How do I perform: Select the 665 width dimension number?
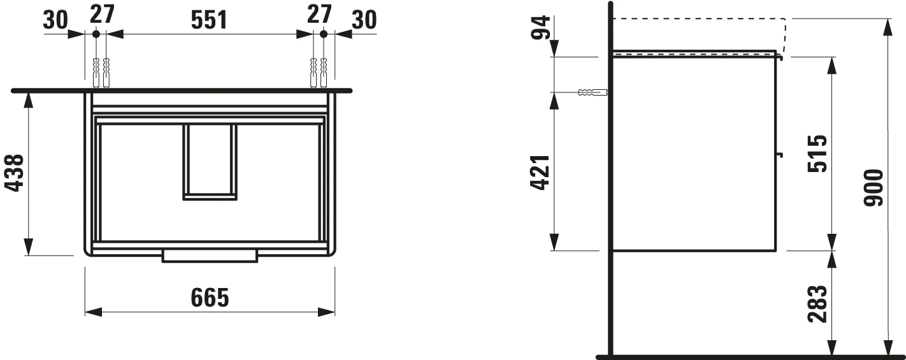(210, 297)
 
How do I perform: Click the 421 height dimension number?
(540, 173)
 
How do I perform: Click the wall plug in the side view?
(591, 92)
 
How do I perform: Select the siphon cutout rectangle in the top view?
(210, 162)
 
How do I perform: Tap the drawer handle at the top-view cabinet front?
(210, 256)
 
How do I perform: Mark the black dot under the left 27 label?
(96, 33)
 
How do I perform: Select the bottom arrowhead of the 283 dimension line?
(831, 347)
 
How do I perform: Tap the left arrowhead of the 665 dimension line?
(93, 312)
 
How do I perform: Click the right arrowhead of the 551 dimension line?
(305, 33)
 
